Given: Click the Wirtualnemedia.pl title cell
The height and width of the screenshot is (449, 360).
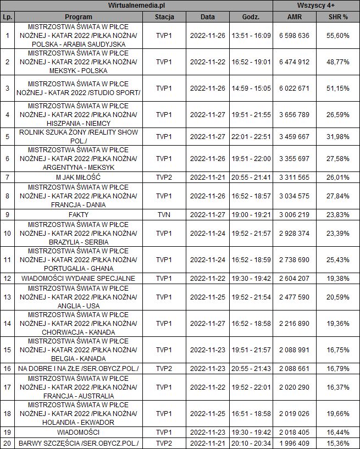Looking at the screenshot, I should [x=137, y=5].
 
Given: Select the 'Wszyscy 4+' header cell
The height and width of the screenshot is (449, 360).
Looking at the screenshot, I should [x=316, y=5].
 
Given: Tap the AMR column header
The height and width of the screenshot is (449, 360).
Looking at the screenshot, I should [x=295, y=17].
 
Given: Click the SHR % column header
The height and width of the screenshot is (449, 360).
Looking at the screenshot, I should [x=338, y=17].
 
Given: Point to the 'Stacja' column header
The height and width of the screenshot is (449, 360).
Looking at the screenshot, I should [x=164, y=17].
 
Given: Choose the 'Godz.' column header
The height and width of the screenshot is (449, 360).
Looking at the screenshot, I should [x=251, y=17].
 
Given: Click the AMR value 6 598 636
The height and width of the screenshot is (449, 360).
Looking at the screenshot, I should [x=295, y=35].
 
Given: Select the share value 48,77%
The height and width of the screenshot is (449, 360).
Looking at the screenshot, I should [x=338, y=62].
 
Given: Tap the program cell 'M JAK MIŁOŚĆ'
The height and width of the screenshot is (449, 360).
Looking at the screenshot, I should [x=78, y=177].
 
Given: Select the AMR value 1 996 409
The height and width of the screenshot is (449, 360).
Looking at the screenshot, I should [x=295, y=443].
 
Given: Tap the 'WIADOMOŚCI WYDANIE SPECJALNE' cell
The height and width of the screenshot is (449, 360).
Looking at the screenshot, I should [x=78, y=278].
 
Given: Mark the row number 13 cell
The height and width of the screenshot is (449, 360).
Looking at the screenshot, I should [x=7, y=297].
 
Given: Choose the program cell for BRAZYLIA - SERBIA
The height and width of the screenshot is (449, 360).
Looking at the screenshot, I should [x=78, y=234].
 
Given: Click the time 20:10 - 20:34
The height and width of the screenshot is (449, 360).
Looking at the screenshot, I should [x=251, y=443].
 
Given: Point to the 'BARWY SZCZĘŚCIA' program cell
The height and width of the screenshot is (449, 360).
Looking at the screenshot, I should [x=78, y=443].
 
